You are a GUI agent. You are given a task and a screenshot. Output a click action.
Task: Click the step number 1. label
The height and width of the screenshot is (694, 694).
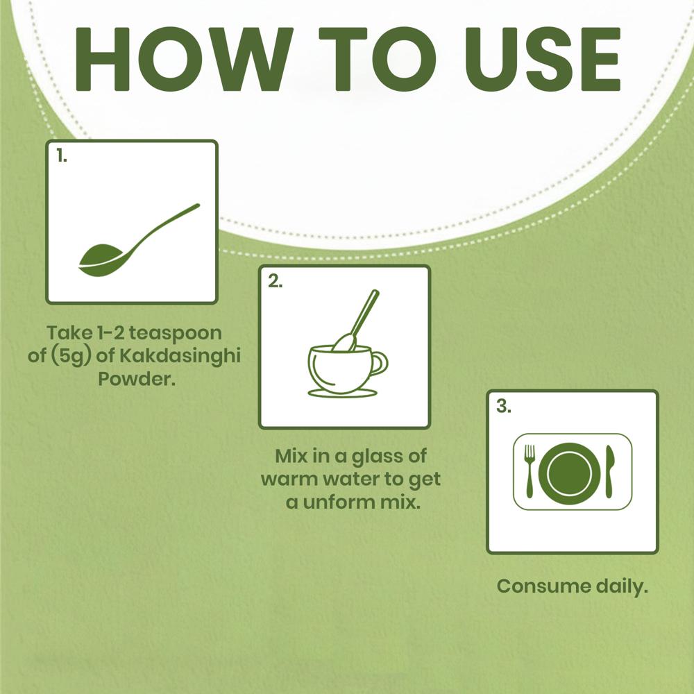point(62,155)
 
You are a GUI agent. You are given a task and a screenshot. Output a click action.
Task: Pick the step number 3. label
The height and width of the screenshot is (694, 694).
point(504,405)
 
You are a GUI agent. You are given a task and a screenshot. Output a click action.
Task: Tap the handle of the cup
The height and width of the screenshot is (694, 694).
point(380,363)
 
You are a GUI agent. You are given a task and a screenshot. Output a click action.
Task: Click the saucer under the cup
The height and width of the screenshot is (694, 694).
point(343,393)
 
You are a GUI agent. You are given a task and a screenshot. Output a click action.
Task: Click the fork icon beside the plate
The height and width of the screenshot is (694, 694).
point(530,471)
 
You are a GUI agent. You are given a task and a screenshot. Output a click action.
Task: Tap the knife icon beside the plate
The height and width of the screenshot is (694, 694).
point(609,471)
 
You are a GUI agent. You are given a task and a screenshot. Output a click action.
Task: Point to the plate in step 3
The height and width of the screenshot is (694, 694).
point(570,473)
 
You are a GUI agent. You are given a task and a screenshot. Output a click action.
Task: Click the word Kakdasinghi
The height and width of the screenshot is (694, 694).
point(180,356)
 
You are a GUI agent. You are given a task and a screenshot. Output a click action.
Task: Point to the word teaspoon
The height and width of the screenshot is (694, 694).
point(176,334)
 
